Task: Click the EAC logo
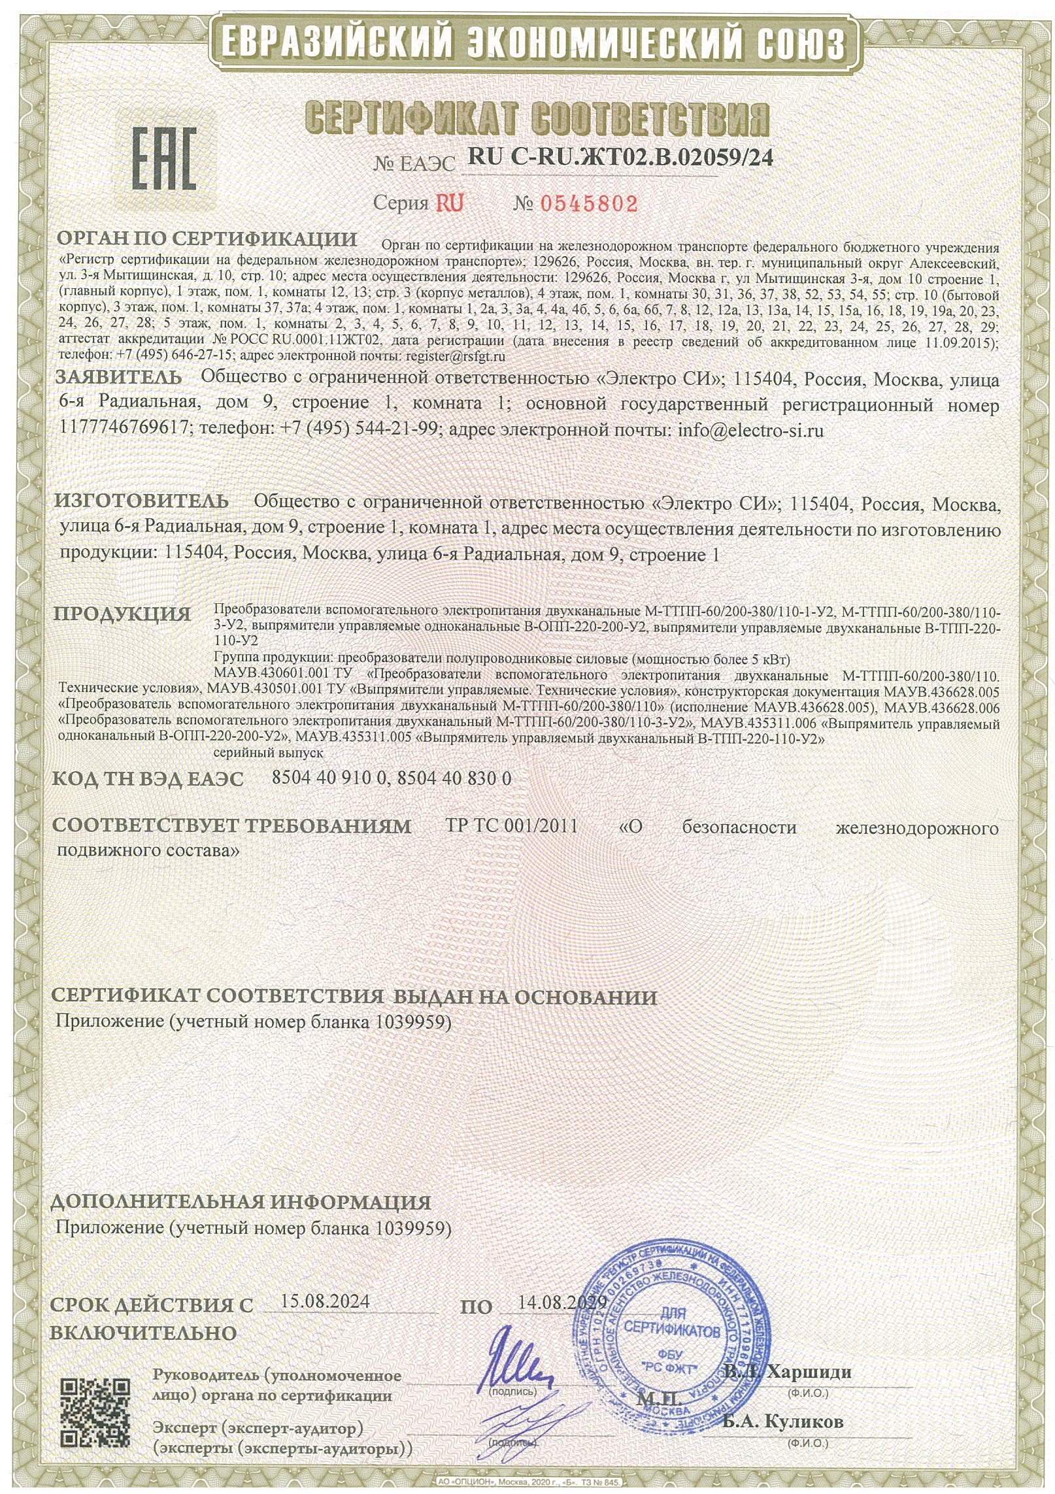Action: [x=165, y=158]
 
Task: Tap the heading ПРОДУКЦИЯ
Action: [x=122, y=614]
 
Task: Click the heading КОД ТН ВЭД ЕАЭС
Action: [x=148, y=778]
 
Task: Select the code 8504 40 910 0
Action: [x=329, y=778]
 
